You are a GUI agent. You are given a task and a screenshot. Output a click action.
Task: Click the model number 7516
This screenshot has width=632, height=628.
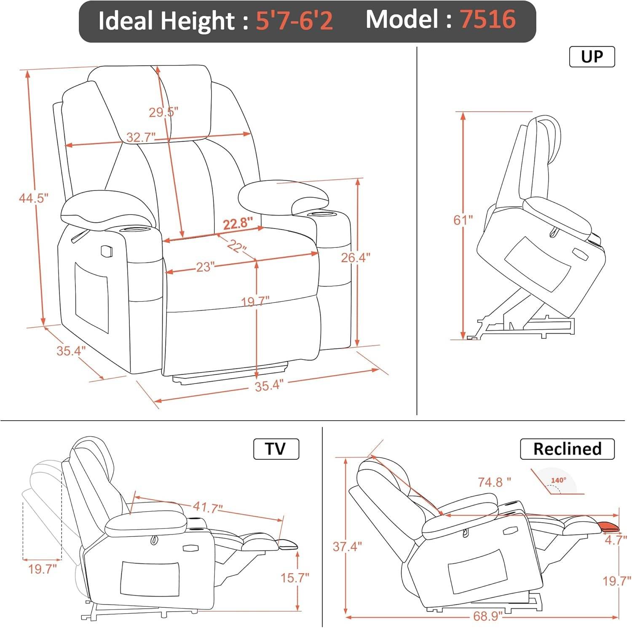488,20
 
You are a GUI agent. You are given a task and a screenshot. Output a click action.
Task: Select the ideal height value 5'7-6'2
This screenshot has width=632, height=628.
294,21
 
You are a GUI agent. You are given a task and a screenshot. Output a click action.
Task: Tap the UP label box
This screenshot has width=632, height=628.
592,56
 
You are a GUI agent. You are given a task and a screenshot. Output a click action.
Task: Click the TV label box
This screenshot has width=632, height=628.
276,449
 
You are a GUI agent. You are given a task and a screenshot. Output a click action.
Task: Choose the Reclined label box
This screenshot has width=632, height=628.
567,449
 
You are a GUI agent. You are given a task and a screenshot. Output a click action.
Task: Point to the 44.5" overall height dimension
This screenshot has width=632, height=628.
34,198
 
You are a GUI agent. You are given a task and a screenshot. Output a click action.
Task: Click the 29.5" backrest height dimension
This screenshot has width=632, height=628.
163,112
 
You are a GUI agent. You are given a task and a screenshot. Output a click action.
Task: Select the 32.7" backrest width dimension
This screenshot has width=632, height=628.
141,137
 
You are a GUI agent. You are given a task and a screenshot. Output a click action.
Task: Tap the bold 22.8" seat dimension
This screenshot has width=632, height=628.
238,223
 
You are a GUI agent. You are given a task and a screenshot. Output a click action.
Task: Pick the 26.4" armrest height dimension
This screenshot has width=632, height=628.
356,257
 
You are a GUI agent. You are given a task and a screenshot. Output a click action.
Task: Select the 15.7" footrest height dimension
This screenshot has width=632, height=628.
295,577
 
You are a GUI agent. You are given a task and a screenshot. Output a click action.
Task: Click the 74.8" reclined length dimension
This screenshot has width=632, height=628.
494,481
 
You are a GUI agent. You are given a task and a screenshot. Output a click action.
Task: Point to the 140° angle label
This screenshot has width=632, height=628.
558,480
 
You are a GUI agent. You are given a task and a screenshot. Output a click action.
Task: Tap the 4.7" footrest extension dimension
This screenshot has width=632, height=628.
616,539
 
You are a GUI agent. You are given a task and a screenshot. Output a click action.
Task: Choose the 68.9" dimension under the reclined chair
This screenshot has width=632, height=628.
488,616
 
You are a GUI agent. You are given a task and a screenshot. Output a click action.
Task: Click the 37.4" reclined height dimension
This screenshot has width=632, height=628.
347,547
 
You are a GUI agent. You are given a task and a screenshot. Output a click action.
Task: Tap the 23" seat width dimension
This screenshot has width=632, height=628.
206,267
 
